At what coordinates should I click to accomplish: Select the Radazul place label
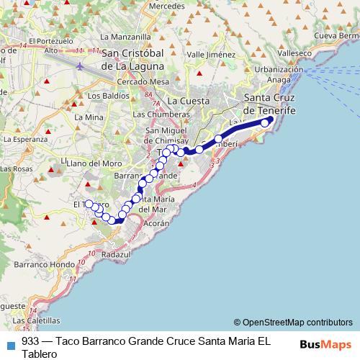[x=116, y=255]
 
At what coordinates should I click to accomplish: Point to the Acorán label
[x=156, y=224]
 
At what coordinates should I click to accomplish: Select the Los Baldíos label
[x=103, y=94]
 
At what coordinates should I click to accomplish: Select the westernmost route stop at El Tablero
[x=89, y=203]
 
